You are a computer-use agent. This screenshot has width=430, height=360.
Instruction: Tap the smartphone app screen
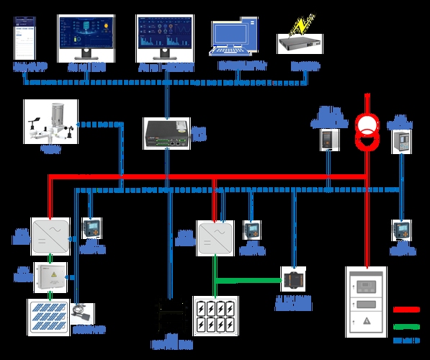[24, 40]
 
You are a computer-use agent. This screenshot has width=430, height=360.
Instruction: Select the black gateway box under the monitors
[165, 133]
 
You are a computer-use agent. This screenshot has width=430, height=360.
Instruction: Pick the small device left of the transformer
[328, 138]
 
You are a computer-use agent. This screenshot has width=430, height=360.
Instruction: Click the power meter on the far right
[400, 230]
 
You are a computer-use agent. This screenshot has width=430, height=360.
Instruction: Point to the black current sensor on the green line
[294, 279]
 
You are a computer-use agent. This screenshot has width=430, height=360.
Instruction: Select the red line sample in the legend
[406, 310]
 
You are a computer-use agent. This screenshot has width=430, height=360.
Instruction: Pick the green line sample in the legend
[406, 325]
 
